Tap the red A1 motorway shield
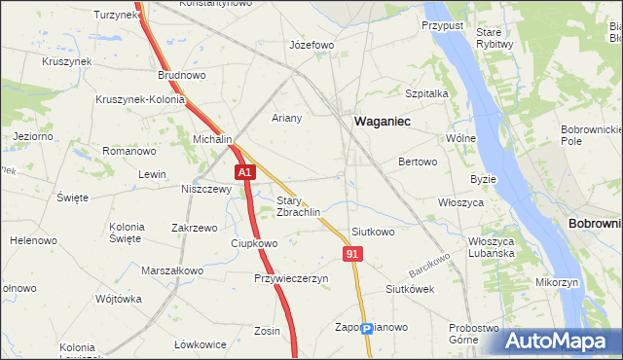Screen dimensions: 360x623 point(244,172)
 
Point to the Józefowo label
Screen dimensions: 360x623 point(312,46)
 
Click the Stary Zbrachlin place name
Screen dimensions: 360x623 point(299,206)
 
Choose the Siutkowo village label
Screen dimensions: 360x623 point(373,233)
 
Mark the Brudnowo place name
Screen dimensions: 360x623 point(182,74)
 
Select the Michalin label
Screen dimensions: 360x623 point(212,139)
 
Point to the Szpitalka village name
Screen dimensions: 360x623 point(425,93)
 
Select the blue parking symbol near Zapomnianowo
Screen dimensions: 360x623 point(366,329)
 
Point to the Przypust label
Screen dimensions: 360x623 point(442,23)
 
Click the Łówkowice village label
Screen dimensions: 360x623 point(201,344)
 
